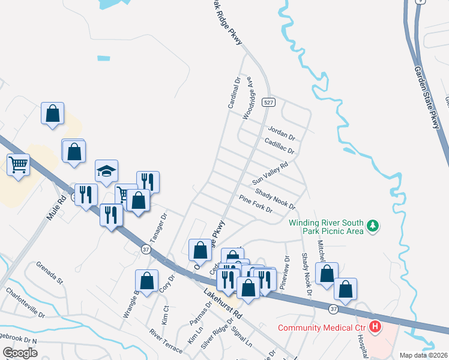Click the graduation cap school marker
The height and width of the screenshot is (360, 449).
click(x=106, y=171)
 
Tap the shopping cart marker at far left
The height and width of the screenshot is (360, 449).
click(x=19, y=164)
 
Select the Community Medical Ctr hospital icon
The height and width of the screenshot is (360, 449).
click(x=375, y=327)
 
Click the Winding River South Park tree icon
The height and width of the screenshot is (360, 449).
click(x=373, y=226)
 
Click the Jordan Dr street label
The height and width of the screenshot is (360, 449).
click(x=282, y=131)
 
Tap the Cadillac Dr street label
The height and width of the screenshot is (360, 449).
click(x=279, y=146)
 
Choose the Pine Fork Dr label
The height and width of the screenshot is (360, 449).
click(x=255, y=204)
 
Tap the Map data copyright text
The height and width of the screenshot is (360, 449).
click(x=423, y=355)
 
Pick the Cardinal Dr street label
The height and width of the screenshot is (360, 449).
click(x=234, y=92)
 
